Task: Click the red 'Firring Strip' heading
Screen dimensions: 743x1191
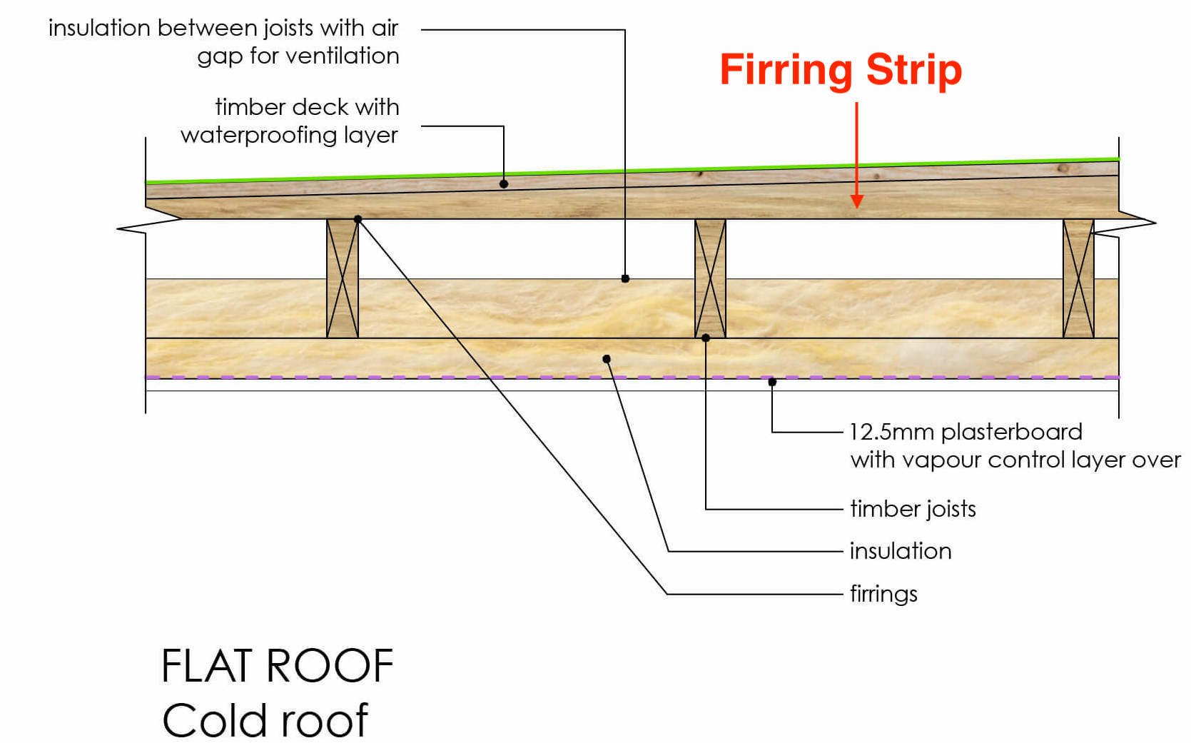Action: point(840,70)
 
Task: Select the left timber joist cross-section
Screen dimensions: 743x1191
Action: point(343,278)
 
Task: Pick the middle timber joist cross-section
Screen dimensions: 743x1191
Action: point(710,278)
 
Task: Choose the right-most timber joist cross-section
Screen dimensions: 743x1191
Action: point(1078,278)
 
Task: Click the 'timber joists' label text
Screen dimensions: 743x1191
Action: point(913,509)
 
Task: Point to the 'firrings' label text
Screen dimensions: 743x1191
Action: point(883,594)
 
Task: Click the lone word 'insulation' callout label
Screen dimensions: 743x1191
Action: point(901,551)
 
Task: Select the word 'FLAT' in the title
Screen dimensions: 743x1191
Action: point(208,667)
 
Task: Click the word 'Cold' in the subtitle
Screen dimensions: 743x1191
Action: point(218,720)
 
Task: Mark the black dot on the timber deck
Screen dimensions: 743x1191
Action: point(504,184)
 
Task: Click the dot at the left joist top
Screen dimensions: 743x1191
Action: point(358,219)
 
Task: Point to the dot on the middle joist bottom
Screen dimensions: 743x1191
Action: point(706,338)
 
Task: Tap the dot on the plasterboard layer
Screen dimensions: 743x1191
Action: point(772,383)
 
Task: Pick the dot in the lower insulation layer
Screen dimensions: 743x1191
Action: point(607,359)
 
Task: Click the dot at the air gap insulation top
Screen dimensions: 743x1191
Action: point(625,278)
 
